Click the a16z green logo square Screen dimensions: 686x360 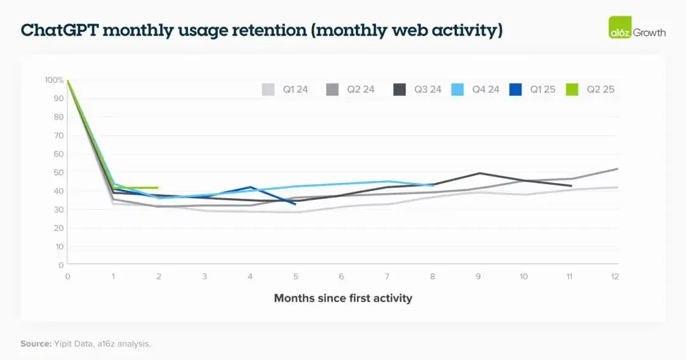(620, 27)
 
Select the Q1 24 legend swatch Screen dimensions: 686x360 (268, 90)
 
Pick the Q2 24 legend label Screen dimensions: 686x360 (361, 90)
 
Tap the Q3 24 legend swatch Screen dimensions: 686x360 (400, 90)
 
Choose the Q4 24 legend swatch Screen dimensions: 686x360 (457, 90)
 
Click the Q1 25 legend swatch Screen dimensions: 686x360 (515, 90)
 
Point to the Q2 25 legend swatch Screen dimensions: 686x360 (572, 90)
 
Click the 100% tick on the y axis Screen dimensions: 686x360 (54, 80)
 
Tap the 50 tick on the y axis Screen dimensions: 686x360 (58, 172)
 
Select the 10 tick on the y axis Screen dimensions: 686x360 (59, 247)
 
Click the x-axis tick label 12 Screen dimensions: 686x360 (615, 276)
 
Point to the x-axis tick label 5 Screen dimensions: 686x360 (296, 276)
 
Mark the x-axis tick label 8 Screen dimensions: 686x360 (433, 276)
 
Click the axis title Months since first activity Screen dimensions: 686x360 (343, 298)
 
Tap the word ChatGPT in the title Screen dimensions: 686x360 (60, 30)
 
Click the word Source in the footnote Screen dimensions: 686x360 (36, 344)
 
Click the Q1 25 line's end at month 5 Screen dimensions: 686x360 (295, 204)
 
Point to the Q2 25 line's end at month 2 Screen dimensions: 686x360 (158, 188)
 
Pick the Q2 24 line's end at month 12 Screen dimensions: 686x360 (617, 169)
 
